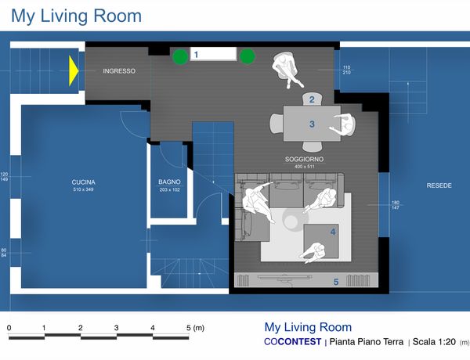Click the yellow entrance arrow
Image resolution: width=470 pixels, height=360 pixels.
(74, 71)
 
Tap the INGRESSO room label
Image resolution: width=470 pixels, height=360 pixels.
(119, 71)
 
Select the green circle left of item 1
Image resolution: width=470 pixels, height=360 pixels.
(180, 56)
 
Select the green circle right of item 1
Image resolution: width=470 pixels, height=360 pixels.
(248, 56)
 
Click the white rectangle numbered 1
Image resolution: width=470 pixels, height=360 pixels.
(213, 54)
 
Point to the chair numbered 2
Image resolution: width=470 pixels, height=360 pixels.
(312, 99)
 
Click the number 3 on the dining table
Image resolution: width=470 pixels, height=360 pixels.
(312, 124)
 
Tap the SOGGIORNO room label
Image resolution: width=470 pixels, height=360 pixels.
(304, 159)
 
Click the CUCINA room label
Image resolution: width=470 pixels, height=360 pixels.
(83, 182)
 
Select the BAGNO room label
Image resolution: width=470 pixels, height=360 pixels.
(169, 182)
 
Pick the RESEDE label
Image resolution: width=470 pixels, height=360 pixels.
(439, 185)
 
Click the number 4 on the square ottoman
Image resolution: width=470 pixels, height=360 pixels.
(333, 232)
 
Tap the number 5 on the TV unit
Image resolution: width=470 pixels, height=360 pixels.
(336, 282)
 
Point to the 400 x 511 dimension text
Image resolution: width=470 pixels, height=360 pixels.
(305, 167)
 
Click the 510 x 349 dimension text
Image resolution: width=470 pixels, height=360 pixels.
(83, 189)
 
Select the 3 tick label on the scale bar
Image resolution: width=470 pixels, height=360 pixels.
(116, 328)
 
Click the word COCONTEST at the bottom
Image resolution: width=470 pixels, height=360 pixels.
(292, 342)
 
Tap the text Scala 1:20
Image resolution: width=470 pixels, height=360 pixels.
(434, 342)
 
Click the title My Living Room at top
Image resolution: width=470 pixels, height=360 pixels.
(76, 16)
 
